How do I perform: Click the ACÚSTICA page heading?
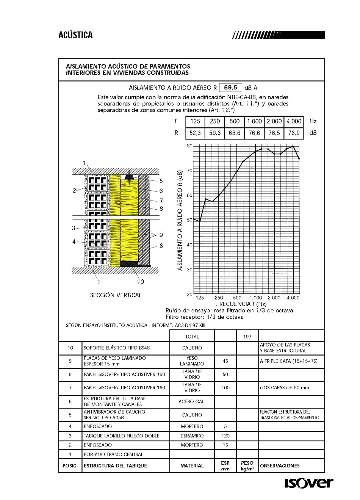tap(75, 35)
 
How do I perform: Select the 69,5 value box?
tap(230, 88)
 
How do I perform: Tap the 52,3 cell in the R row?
tap(195, 133)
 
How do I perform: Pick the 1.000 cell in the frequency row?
tap(254, 121)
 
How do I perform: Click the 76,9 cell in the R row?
tap(294, 133)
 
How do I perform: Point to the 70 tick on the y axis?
tap(189, 171)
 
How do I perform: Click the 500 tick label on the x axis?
tap(237, 298)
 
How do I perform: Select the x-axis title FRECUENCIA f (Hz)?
tap(241, 304)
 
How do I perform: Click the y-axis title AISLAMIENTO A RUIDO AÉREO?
tap(180, 220)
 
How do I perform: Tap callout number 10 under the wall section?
tap(141, 282)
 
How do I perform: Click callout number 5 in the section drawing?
tap(161, 181)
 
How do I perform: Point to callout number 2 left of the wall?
tap(74, 191)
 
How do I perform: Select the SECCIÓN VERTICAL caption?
tap(116, 295)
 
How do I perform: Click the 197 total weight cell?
tap(247, 337)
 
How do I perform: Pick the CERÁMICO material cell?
tap(192, 436)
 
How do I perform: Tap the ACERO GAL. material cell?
tap(192, 402)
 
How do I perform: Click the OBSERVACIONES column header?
tap(280, 466)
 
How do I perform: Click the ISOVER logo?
tap(308, 483)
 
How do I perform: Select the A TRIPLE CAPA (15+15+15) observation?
tap(289, 361)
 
